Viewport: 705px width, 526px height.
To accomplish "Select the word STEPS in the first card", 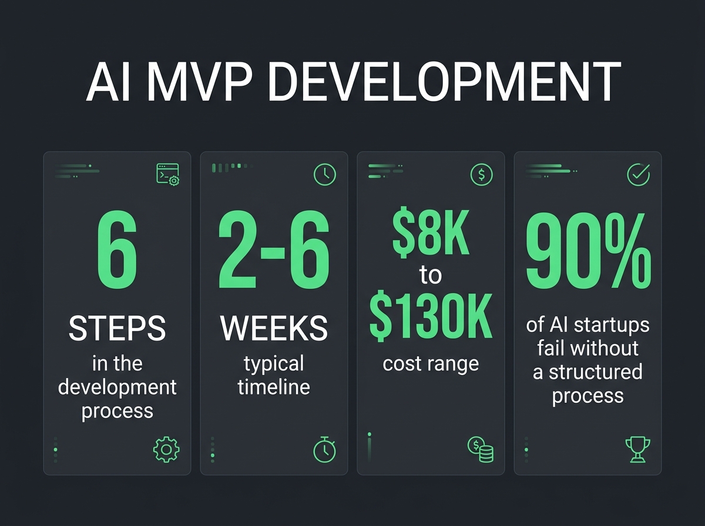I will click(117, 329).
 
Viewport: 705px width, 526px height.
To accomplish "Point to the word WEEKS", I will click(274, 329).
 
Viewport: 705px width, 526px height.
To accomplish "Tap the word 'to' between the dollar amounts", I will click(431, 276).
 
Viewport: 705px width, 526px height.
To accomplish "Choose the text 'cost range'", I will click(431, 363).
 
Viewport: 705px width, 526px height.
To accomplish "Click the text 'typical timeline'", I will click(274, 375).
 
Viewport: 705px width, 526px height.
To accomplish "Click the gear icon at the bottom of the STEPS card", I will click(166, 450).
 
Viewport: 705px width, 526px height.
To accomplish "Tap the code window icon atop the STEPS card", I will click(167, 174).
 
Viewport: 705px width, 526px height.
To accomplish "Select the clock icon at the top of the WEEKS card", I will click(324, 174).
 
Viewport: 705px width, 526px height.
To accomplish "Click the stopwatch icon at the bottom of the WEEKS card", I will click(324, 450).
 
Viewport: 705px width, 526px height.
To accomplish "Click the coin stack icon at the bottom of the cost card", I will click(481, 449).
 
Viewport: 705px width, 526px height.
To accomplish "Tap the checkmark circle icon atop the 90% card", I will click(639, 174).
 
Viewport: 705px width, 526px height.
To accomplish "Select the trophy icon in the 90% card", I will click(637, 450).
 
